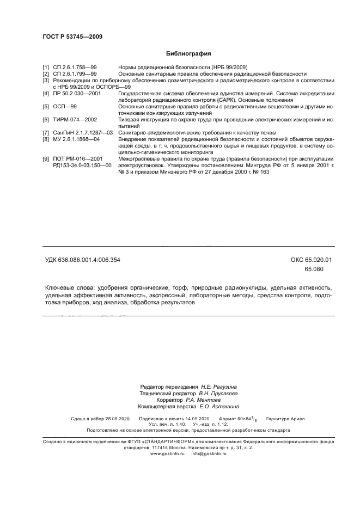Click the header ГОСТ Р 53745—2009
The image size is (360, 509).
click(72, 36)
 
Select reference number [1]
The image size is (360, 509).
click(46, 68)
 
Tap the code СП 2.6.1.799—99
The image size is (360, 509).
click(75, 73)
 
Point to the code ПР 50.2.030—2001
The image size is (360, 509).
click(77, 94)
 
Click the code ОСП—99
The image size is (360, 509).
click(65, 107)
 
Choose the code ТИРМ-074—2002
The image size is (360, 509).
click(75, 119)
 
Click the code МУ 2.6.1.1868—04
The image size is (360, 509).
click(77, 139)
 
